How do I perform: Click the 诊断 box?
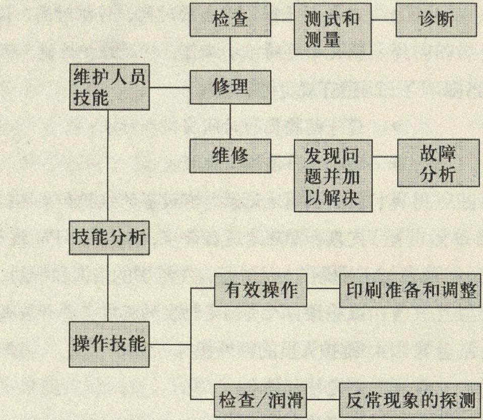[x=436, y=20]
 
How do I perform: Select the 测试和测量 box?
[x=333, y=29]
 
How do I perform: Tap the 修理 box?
[x=230, y=87]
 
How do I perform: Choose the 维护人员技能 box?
[x=110, y=87]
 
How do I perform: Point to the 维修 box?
[x=230, y=156]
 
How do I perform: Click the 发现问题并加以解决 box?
[x=333, y=176]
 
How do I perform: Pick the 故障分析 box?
[x=438, y=163]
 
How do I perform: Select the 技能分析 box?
[x=109, y=238]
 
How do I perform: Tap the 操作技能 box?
[x=109, y=344]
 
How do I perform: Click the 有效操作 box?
[x=261, y=290]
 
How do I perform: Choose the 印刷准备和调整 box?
[x=410, y=290]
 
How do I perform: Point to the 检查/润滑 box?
[x=260, y=401]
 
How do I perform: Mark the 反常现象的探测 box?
[x=410, y=400]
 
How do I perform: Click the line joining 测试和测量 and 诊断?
[x=384, y=20]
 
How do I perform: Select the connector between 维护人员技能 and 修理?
[x=170, y=87]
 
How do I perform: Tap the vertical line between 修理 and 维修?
[x=230, y=122]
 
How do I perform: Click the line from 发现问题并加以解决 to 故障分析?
[x=385, y=156]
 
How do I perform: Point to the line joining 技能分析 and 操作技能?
[x=108, y=288]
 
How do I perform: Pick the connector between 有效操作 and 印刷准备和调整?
[x=323, y=289]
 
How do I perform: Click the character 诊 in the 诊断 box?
[x=427, y=20]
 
